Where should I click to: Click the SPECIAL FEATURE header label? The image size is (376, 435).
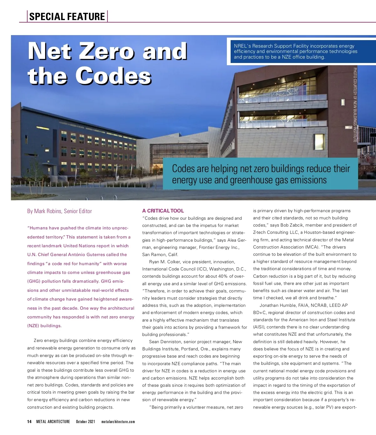[67, 16]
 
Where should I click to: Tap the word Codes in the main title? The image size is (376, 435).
[113, 76]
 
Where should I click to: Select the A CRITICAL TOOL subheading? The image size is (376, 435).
[163, 211]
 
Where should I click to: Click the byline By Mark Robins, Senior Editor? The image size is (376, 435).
[60, 211]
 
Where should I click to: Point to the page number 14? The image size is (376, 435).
[29, 422]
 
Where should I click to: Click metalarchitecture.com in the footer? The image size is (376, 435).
[118, 422]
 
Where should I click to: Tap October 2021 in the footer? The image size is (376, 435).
[85, 422]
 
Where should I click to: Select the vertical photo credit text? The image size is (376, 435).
[355, 105]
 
